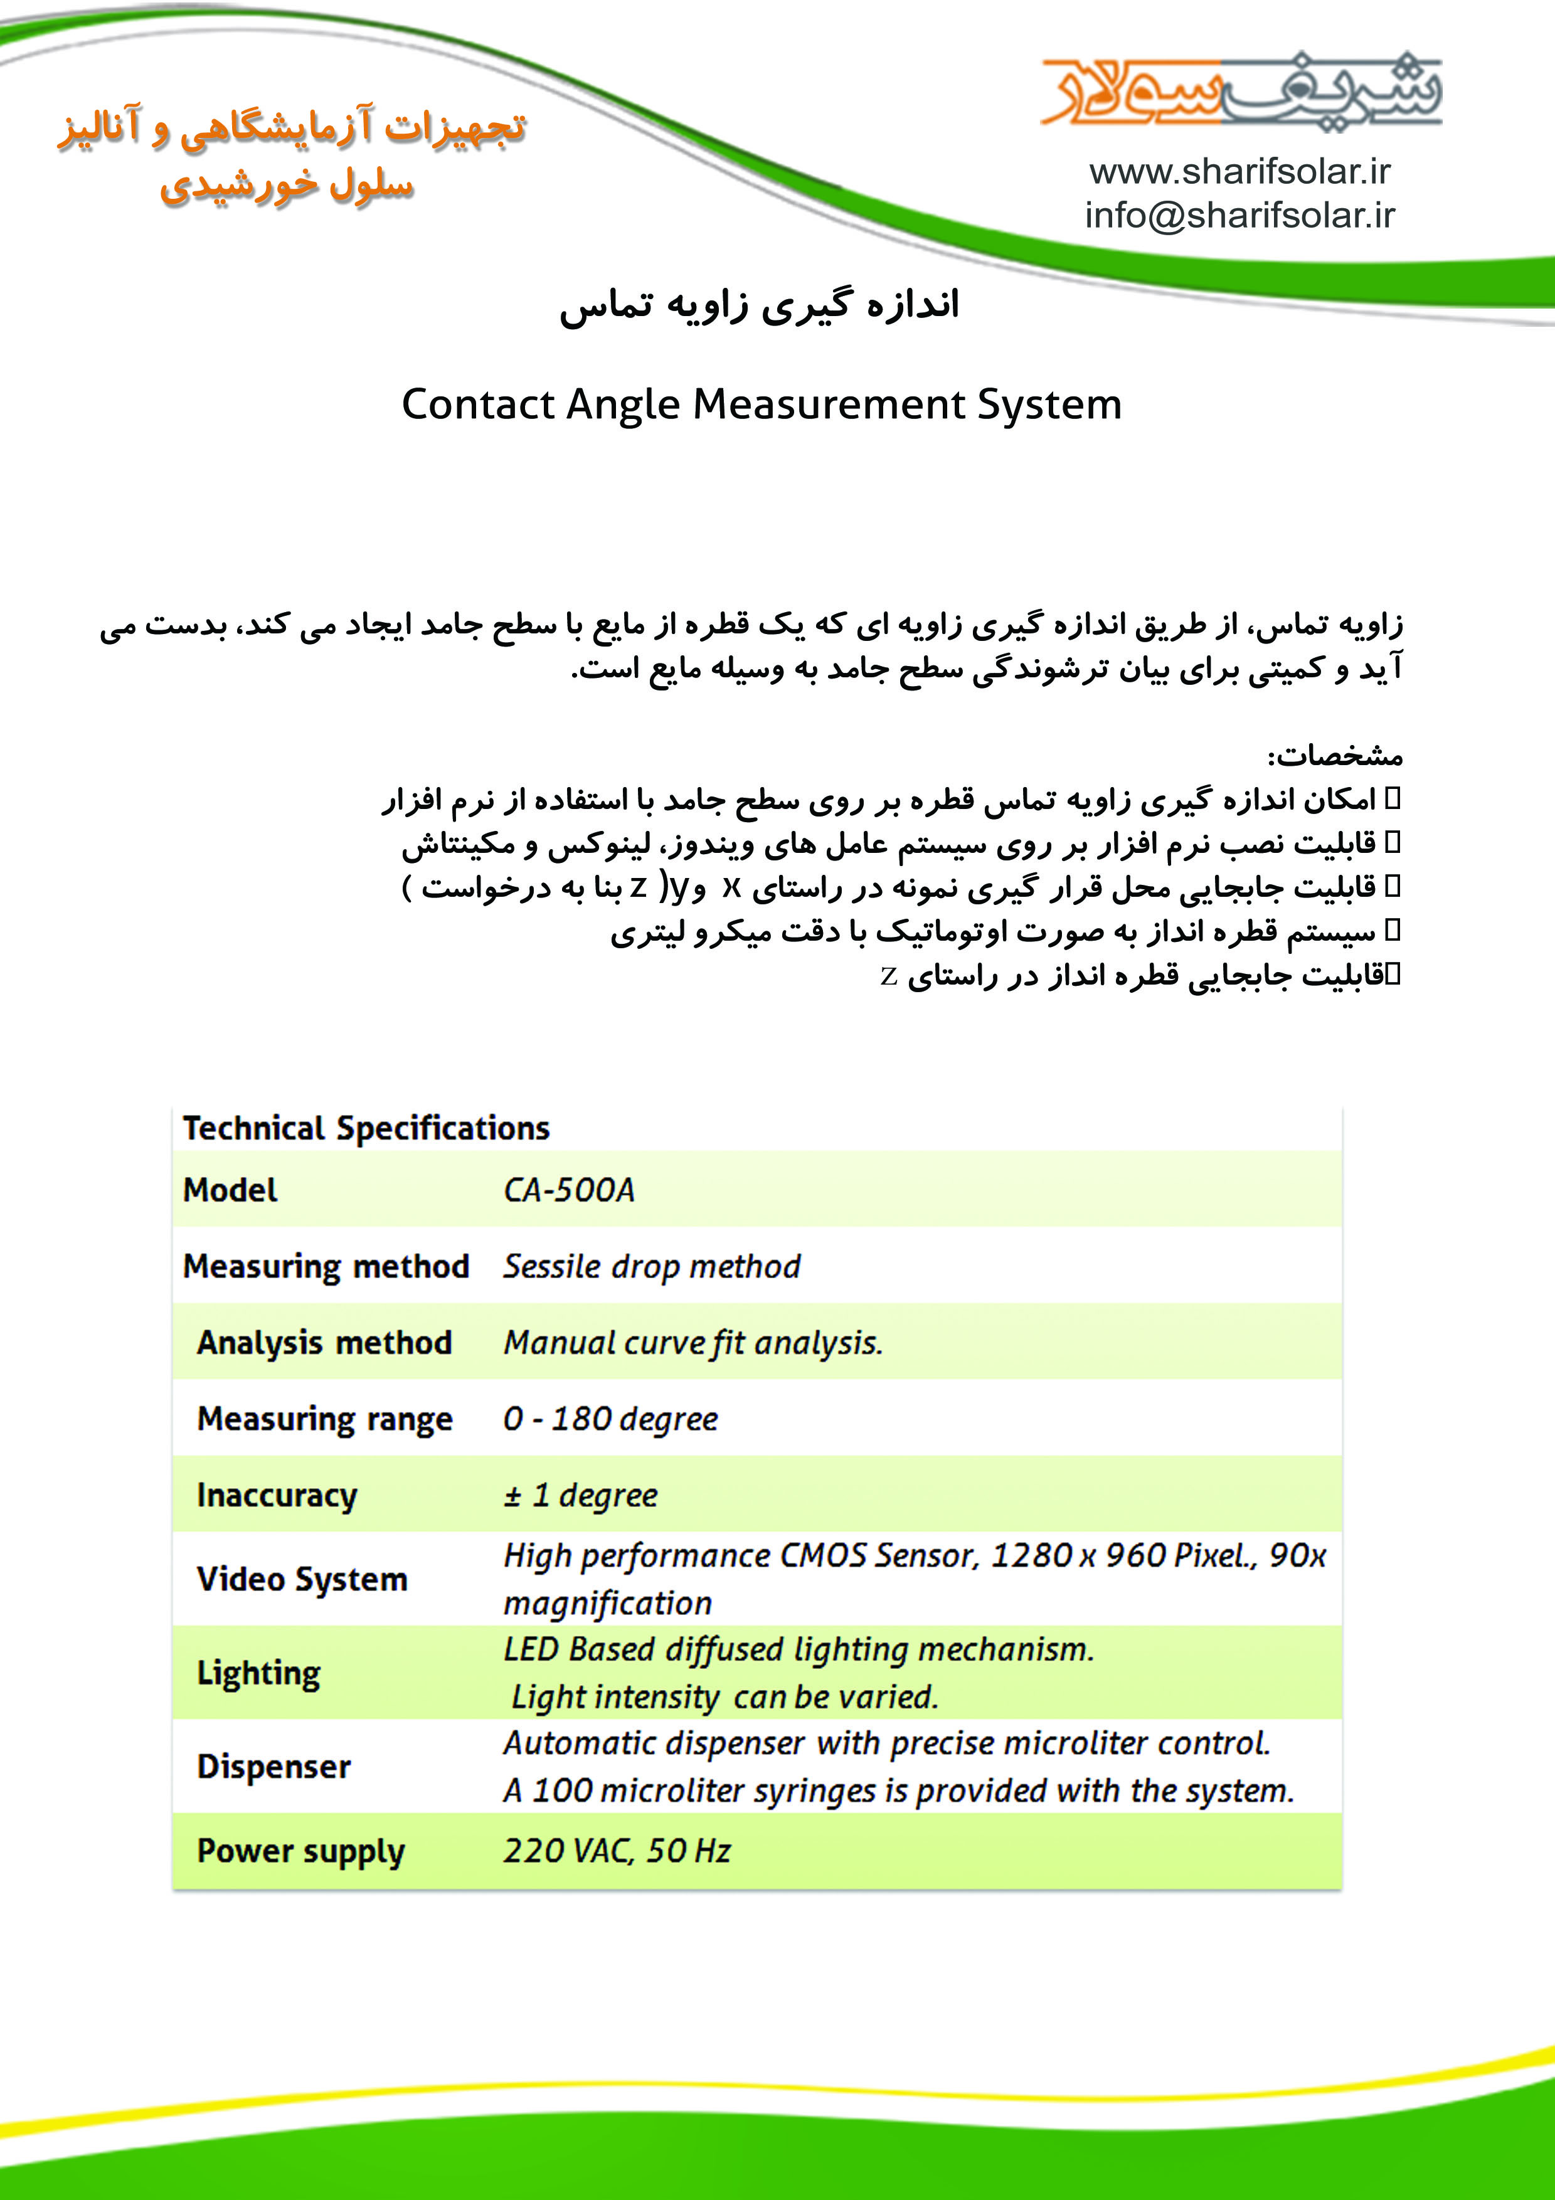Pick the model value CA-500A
pyautogui.click(x=569, y=1190)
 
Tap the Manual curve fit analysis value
pyautogui.click(x=693, y=1343)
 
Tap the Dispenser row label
pyautogui.click(x=274, y=1767)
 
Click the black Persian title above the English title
pyautogui.click(x=760, y=305)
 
